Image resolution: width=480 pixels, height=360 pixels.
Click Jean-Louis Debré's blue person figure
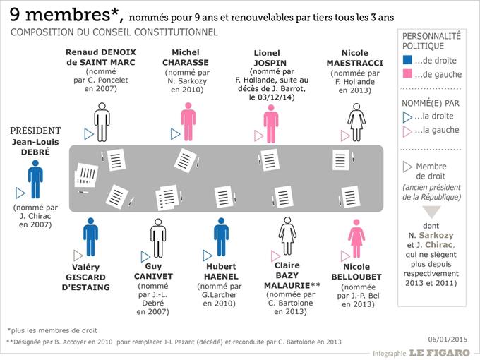(36, 179)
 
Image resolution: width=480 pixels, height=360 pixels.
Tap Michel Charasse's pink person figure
(188, 121)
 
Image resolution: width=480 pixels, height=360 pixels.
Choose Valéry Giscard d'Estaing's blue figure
(90, 237)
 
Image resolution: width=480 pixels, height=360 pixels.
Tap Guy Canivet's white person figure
(157, 237)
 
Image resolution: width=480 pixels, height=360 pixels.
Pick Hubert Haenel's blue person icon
(222, 237)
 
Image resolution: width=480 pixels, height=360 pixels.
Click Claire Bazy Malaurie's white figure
(287, 237)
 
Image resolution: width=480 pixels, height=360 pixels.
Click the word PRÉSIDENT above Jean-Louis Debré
(36, 131)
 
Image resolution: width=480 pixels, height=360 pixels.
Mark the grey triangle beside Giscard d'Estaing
(78, 255)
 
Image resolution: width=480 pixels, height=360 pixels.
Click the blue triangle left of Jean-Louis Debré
(20, 191)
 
